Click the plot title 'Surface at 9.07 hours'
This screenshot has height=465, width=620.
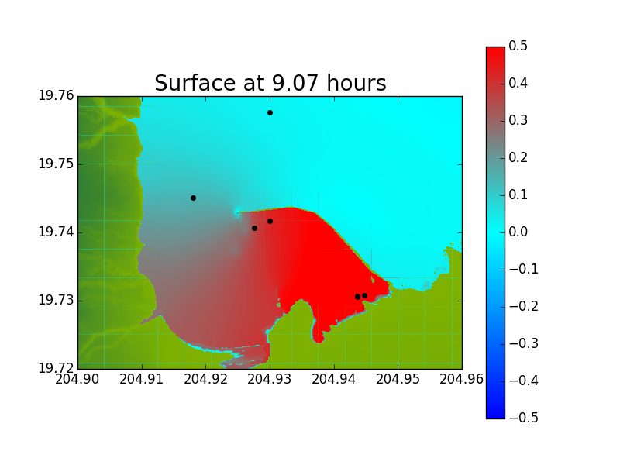[270, 83]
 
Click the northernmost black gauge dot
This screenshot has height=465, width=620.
[270, 112]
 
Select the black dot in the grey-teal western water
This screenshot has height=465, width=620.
[193, 198]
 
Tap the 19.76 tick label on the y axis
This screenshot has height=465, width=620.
[56, 95]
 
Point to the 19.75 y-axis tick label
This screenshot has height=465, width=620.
[56, 164]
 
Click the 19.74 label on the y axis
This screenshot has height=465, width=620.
[56, 232]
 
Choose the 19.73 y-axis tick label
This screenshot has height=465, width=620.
[56, 301]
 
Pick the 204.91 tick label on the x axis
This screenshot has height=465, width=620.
[142, 379]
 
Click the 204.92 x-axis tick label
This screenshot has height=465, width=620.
[205, 379]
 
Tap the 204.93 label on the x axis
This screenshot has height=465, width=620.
[270, 379]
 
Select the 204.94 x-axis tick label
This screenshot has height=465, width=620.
[334, 379]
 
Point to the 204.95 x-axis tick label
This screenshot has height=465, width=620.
[398, 379]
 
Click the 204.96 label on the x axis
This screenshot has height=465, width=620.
[462, 379]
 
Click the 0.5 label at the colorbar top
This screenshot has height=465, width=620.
[518, 46]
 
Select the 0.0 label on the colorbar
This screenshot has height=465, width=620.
[518, 232]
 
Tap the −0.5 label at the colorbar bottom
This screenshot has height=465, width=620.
[524, 418]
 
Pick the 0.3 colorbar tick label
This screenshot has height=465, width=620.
[518, 121]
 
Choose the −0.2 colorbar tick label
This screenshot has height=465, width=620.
[524, 306]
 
